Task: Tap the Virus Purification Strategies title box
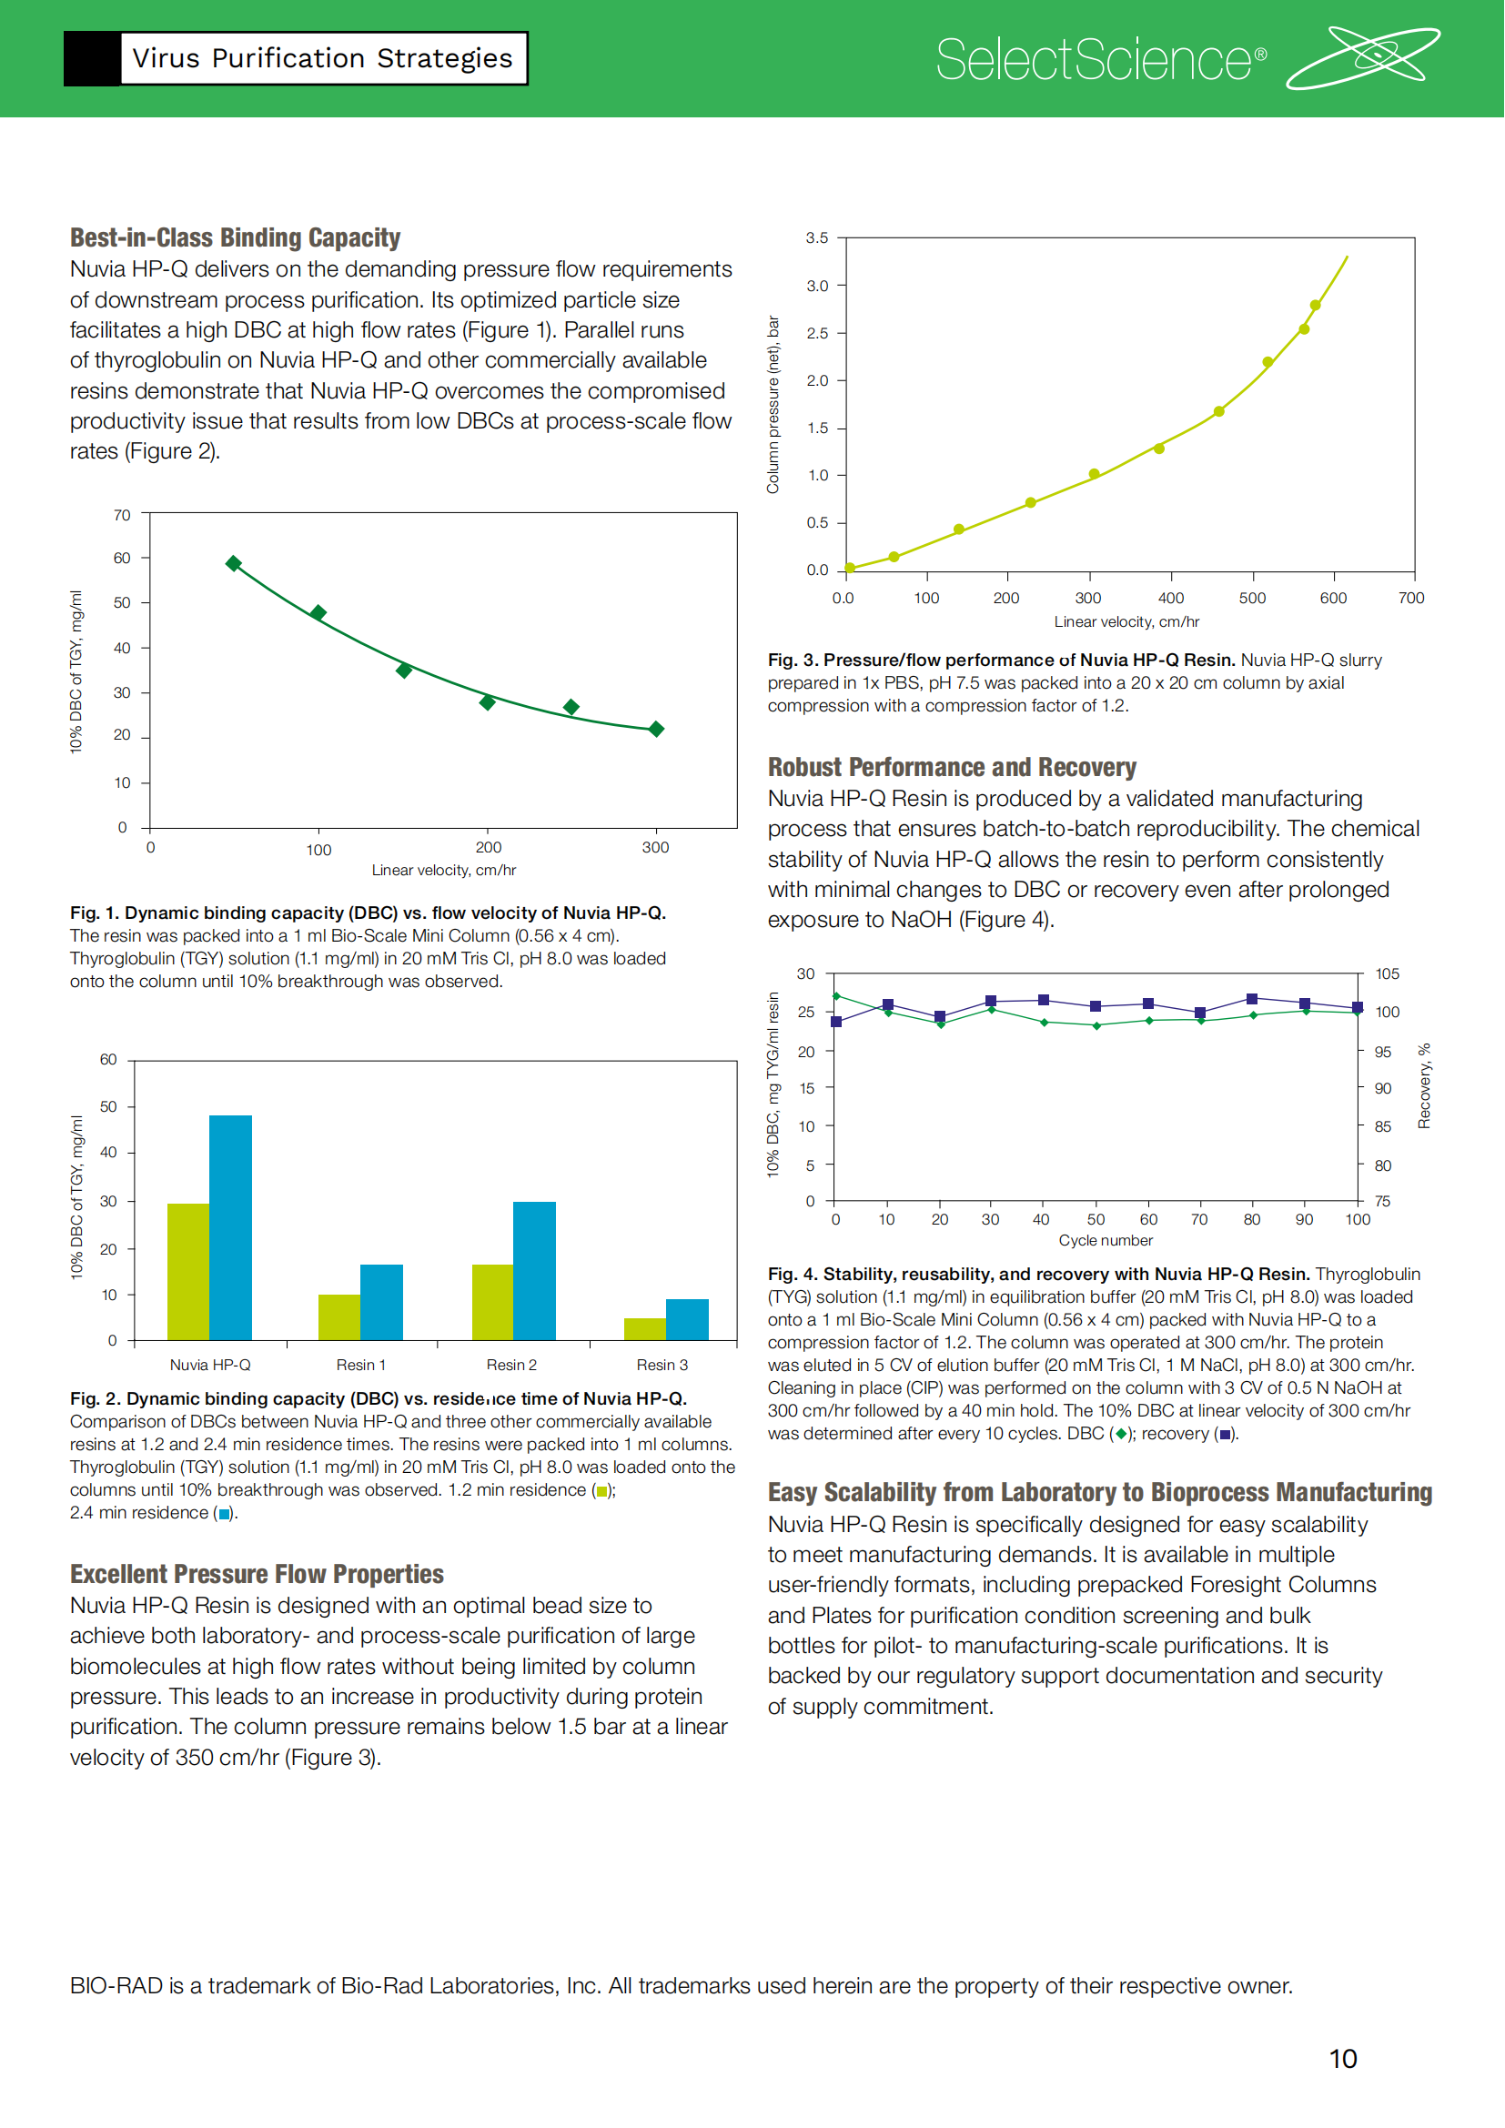pyautogui.click(x=321, y=58)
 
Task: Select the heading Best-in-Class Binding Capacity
pyautogui.click(x=236, y=238)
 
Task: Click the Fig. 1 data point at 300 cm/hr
pyautogui.click(x=656, y=730)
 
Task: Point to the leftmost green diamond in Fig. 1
pyautogui.click(x=234, y=563)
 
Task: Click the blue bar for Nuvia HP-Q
pyautogui.click(x=231, y=1227)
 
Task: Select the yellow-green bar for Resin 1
pyautogui.click(x=339, y=1316)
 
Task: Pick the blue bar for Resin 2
pyautogui.click(x=535, y=1271)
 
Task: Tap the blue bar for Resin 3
pyautogui.click(x=688, y=1319)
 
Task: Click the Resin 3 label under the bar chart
pyautogui.click(x=662, y=1365)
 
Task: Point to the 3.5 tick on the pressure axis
pyautogui.click(x=816, y=238)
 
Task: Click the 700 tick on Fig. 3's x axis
pyautogui.click(x=1411, y=598)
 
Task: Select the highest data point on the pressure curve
pyautogui.click(x=1315, y=305)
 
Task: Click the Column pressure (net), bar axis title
pyautogui.click(x=773, y=404)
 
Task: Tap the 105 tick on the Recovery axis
pyautogui.click(x=1388, y=974)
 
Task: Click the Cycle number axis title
pyautogui.click(x=1106, y=1240)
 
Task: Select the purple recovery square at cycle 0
pyautogui.click(x=836, y=1022)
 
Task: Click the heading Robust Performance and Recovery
pyautogui.click(x=952, y=768)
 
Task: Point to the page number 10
pyautogui.click(x=1343, y=2059)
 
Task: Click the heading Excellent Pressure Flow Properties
pyautogui.click(x=257, y=1575)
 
